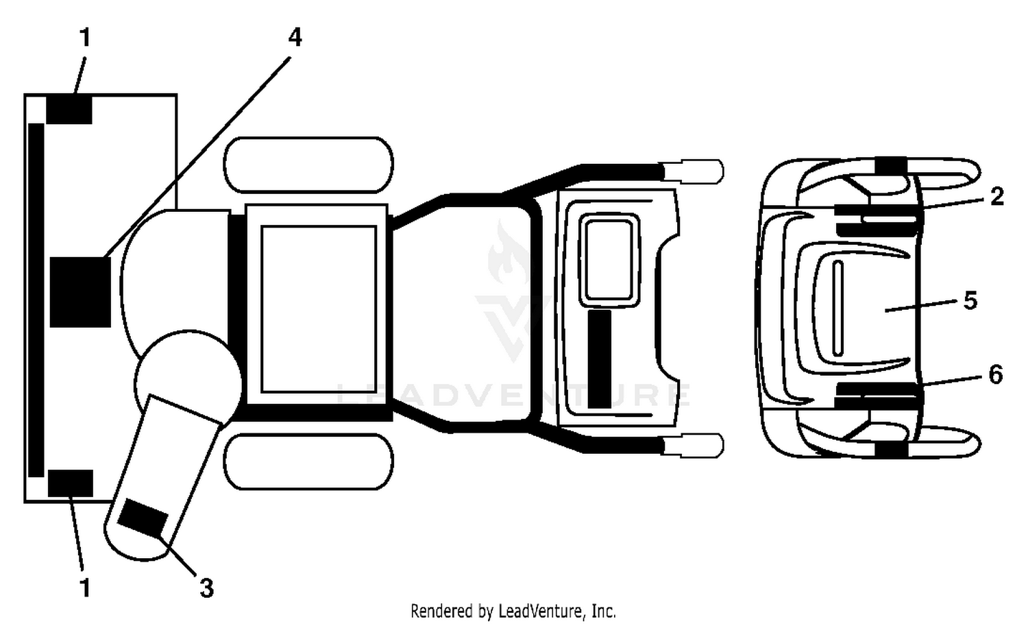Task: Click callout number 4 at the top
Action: [295, 37]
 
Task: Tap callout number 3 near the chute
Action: [206, 588]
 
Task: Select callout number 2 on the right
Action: [996, 197]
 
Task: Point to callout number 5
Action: [970, 301]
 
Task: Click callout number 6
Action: [995, 374]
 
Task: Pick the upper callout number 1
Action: [85, 37]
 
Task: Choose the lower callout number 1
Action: [85, 588]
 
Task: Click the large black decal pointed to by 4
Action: [80, 292]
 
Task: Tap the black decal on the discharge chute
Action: [143, 518]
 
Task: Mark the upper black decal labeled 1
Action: [69, 109]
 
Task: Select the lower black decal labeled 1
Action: [70, 483]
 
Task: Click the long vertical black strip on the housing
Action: [36, 300]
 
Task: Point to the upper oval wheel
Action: [308, 165]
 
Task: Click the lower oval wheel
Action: [308, 461]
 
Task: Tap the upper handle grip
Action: [692, 171]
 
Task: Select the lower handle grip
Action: [692, 446]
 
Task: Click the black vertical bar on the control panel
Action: [600, 359]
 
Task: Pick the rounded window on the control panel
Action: [609, 260]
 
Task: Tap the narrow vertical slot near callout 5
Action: [837, 309]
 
